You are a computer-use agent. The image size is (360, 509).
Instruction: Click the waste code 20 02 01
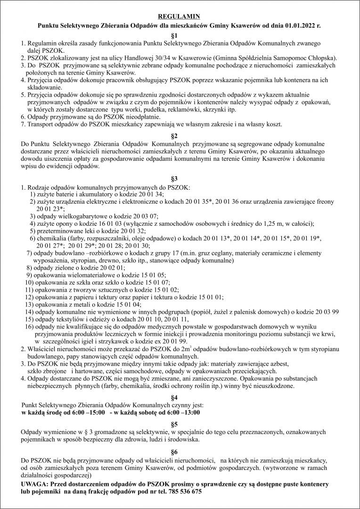(x=98, y=267)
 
